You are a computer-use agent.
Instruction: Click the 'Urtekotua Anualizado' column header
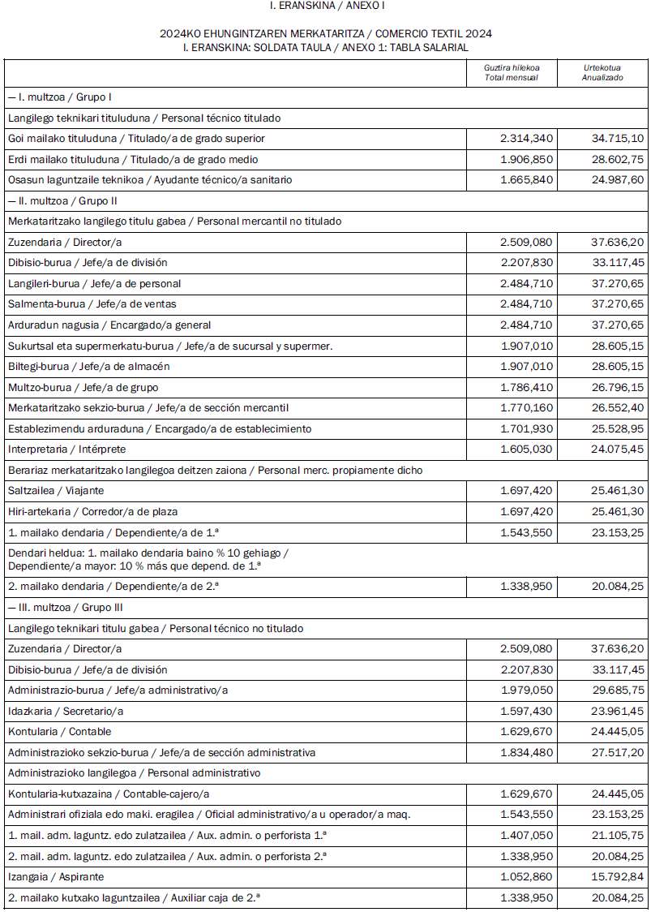[602, 72]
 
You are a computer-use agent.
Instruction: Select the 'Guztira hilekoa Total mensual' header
[512, 72]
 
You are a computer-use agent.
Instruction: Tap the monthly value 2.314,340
[526, 139]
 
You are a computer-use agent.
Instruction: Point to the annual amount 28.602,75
[618, 159]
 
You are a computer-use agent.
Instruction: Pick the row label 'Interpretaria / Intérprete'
[67, 450]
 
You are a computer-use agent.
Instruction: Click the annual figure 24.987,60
[618, 180]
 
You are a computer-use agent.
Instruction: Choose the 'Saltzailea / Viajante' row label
[56, 491]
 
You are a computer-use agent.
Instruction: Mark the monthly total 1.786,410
[526, 387]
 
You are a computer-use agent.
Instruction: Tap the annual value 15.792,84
[618, 877]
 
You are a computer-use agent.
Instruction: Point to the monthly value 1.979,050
[526, 690]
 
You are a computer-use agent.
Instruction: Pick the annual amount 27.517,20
[618, 753]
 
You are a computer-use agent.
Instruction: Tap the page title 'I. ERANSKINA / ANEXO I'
[326, 6]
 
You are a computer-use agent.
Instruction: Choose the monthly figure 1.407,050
[526, 836]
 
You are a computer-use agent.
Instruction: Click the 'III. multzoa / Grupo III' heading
[66, 608]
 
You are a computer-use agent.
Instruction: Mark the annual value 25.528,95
[618, 428]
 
